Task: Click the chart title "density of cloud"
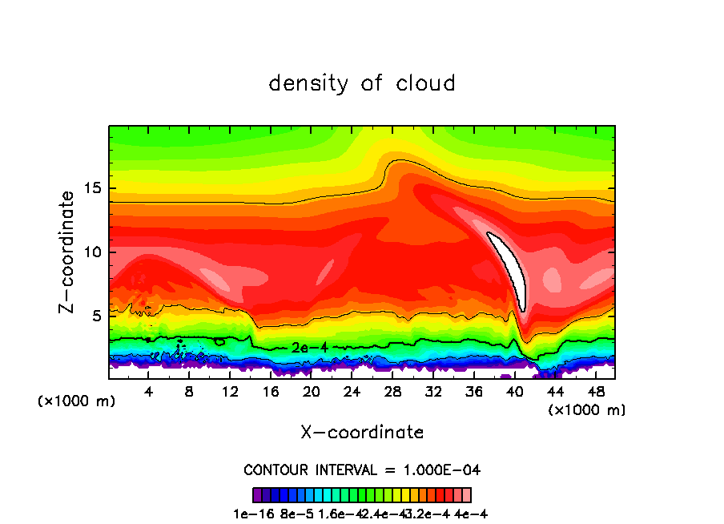(361, 83)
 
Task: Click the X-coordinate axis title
(362, 433)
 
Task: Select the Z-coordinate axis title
(67, 252)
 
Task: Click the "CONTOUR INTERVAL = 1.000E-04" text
(362, 470)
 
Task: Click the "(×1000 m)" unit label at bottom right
(587, 410)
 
